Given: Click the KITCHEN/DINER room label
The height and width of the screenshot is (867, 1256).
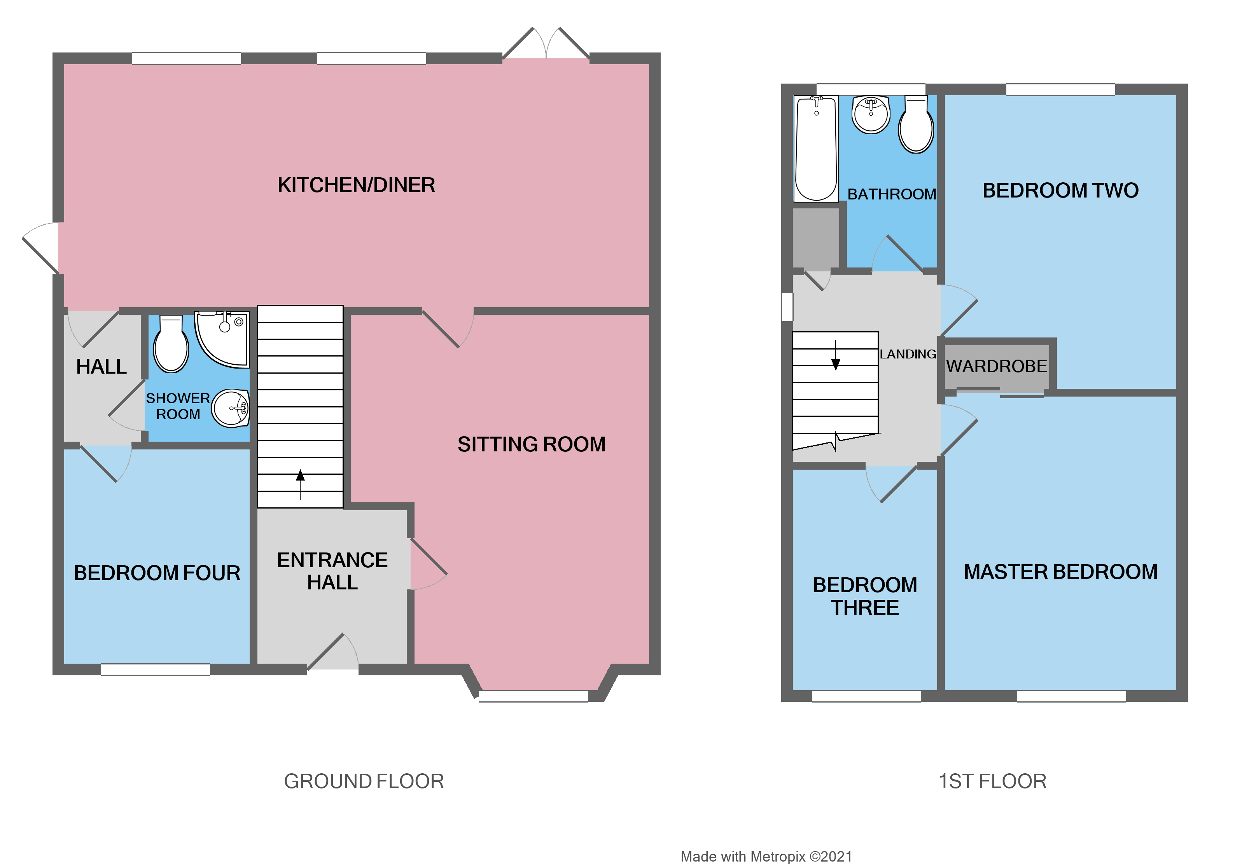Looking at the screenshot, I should click(356, 185).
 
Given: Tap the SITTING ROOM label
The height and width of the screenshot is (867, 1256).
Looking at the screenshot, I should click(531, 444).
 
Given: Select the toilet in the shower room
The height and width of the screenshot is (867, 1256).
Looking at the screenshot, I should click(171, 345).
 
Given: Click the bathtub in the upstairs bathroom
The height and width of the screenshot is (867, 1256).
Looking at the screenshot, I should click(815, 148).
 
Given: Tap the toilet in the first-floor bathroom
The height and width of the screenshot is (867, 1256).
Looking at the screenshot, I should click(915, 125).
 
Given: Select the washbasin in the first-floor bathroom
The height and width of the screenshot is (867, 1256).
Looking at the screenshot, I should click(870, 114).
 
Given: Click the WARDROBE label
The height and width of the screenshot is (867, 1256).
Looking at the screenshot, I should click(996, 366).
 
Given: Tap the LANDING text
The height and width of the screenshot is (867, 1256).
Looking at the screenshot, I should click(907, 354).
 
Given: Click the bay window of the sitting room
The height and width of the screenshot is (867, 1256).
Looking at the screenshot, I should click(533, 696).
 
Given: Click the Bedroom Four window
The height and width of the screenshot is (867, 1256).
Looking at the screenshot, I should click(156, 669).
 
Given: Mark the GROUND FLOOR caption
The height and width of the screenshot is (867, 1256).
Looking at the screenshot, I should click(364, 781).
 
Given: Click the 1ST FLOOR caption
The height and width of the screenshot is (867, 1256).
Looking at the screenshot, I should click(992, 781).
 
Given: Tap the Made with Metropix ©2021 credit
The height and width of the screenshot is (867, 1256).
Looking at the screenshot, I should click(766, 856).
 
